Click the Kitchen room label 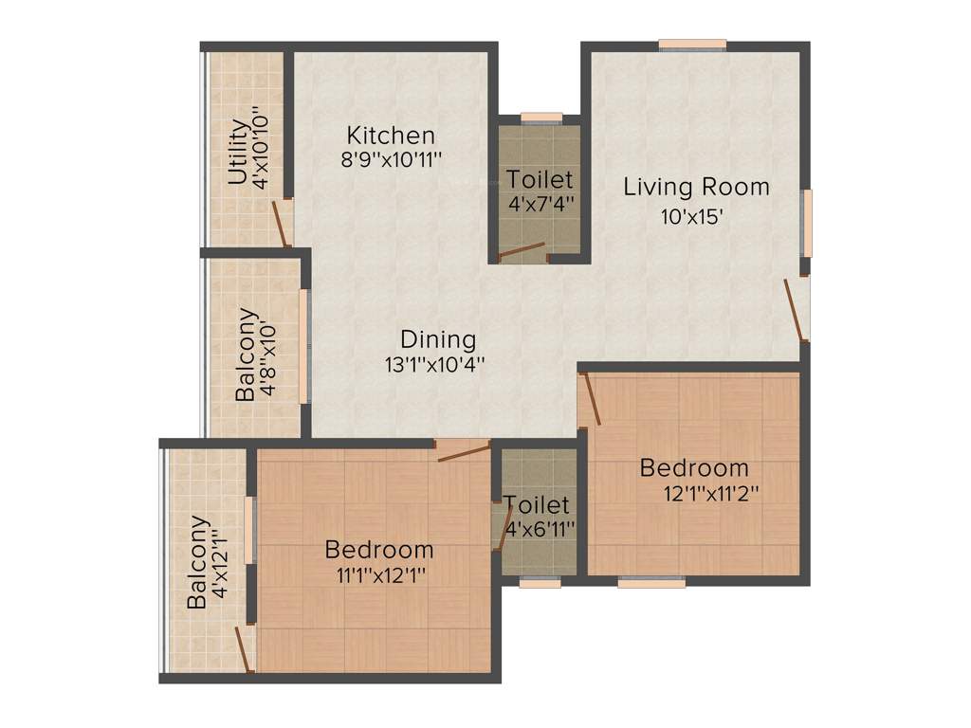(x=391, y=135)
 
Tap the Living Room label (x=696, y=187)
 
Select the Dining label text (x=438, y=339)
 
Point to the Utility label (x=238, y=152)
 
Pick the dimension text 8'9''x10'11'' (x=393, y=159)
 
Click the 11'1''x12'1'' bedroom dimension (x=378, y=573)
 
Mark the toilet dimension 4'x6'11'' (x=540, y=528)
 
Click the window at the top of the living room (x=692, y=44)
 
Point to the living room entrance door (x=796, y=310)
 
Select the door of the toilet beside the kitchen (x=522, y=250)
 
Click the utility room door (x=281, y=223)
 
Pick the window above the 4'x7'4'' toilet (x=541, y=118)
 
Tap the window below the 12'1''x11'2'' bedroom (x=651, y=583)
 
